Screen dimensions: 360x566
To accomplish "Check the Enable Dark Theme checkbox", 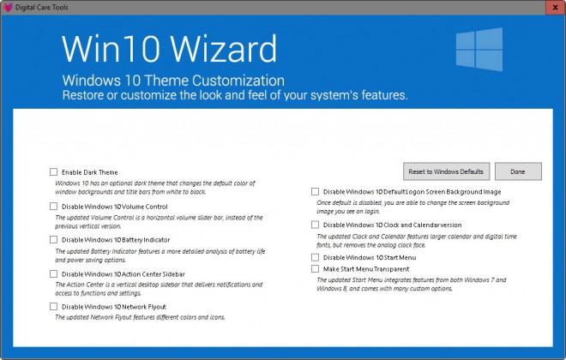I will (x=54, y=172).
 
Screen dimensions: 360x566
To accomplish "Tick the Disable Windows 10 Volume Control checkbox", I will (x=54, y=207).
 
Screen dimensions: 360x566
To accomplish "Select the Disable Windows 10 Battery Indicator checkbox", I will (x=54, y=240).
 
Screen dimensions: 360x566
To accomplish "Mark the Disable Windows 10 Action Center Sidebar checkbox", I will (x=54, y=273).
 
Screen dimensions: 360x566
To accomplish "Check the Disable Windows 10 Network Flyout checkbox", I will (x=54, y=306).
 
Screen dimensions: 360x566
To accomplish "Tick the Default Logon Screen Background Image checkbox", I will (x=316, y=191).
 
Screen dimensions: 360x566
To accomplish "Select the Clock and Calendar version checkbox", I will (x=316, y=225).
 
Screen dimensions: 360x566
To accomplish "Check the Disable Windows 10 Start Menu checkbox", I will (x=316, y=257).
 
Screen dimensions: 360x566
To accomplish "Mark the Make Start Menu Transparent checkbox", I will (x=316, y=268).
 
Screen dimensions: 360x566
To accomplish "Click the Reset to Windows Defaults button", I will (x=446, y=171).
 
